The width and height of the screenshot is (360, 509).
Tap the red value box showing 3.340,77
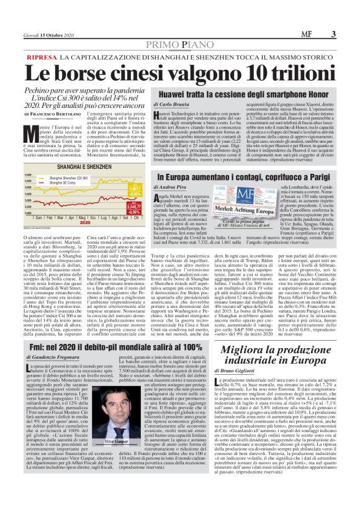pos(135,205)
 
